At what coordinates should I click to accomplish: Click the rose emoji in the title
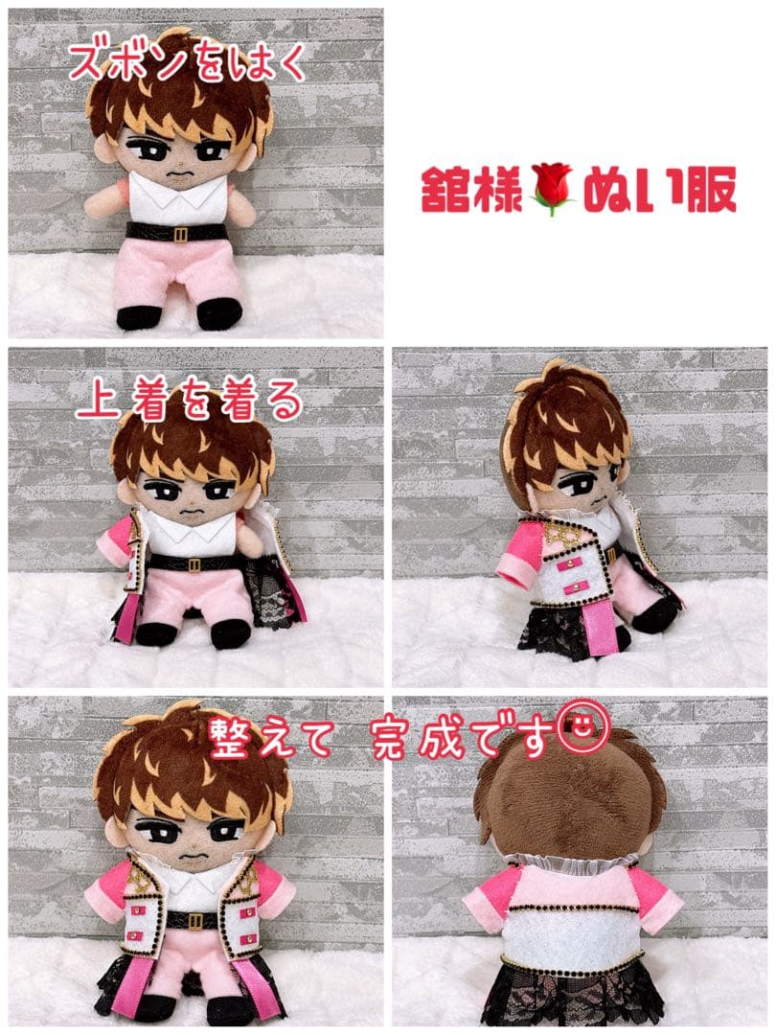[551, 189]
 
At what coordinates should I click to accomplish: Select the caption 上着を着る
[188, 403]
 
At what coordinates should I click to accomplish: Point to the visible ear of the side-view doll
[624, 476]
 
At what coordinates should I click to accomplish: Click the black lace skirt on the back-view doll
[572, 997]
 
